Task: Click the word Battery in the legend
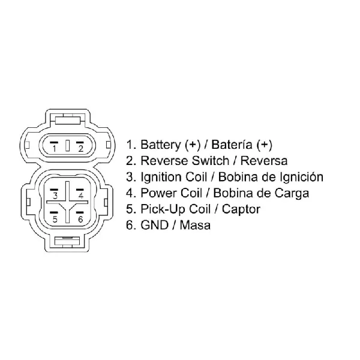161,145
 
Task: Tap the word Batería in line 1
232,145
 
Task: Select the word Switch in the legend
211,161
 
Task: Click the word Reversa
264,161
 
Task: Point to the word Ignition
161,177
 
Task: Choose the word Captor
241,209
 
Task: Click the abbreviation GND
154,225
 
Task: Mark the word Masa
195,225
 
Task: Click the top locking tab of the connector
68,119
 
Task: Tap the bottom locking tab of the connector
67,242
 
